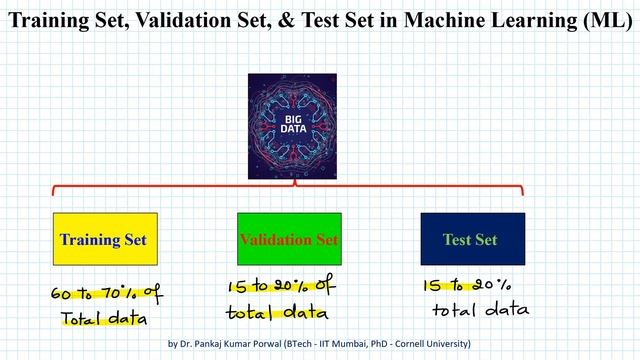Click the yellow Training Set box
(x=103, y=239)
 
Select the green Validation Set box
(x=289, y=239)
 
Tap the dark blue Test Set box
(x=472, y=239)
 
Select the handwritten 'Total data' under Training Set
(x=103, y=319)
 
